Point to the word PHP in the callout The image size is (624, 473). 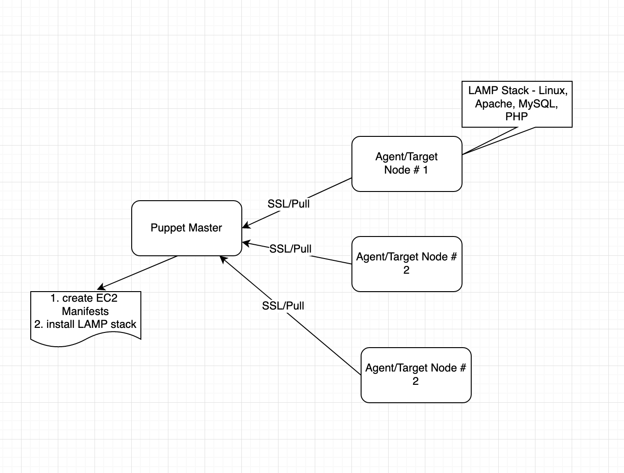(517, 117)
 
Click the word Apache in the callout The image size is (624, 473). (493, 104)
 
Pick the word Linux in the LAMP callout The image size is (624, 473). (552, 90)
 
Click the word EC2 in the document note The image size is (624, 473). (107, 298)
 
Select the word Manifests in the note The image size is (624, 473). (85, 311)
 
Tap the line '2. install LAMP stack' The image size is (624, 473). (85, 324)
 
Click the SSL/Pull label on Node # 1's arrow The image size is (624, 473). (289, 203)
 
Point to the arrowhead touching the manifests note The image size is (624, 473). (100, 288)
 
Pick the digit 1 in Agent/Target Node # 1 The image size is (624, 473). (425, 170)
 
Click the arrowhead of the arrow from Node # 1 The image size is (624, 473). (245, 225)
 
